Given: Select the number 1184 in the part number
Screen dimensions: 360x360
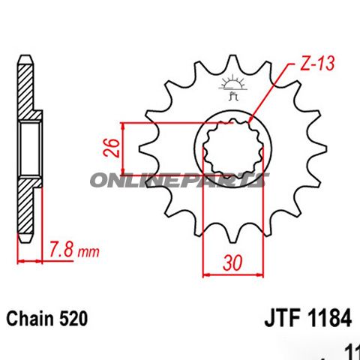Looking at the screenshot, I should pyautogui.click(x=329, y=319).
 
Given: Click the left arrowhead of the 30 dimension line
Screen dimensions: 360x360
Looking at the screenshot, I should pyautogui.click(x=205, y=276).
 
